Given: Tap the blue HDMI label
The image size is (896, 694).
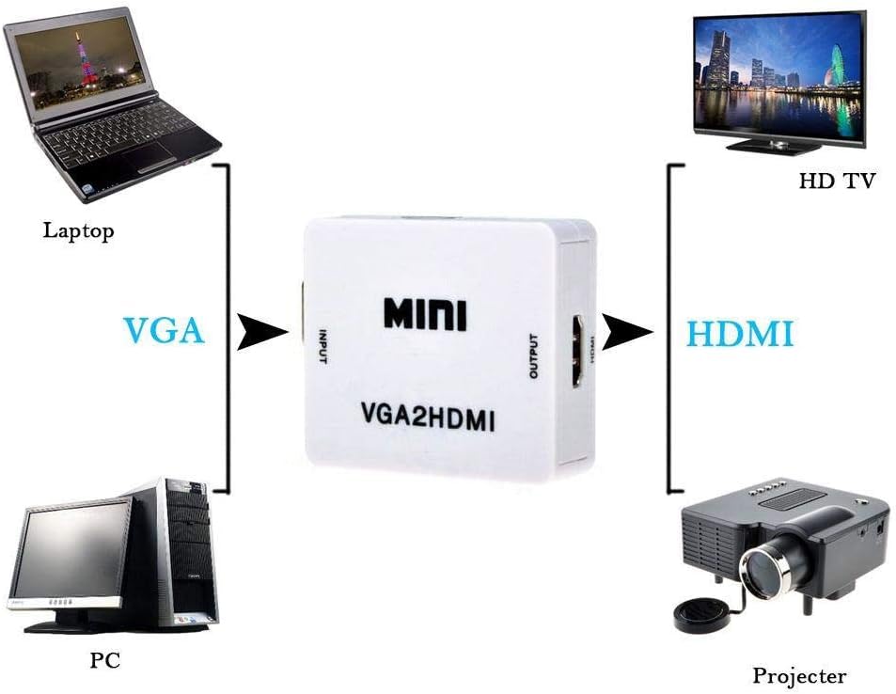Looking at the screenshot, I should click(x=739, y=333).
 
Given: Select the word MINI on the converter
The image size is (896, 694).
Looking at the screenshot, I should click(x=425, y=313).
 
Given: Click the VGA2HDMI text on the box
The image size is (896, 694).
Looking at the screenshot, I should click(x=428, y=417).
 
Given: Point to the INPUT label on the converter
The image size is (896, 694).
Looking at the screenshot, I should click(x=322, y=347).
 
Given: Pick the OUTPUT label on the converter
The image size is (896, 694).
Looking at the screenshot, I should click(x=534, y=356).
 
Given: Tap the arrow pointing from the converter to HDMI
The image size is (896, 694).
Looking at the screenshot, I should click(x=626, y=332).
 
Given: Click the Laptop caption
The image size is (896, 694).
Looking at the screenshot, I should click(x=78, y=230).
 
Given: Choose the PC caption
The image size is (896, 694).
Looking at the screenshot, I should click(x=105, y=660).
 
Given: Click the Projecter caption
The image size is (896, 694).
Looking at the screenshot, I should click(x=799, y=675).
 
